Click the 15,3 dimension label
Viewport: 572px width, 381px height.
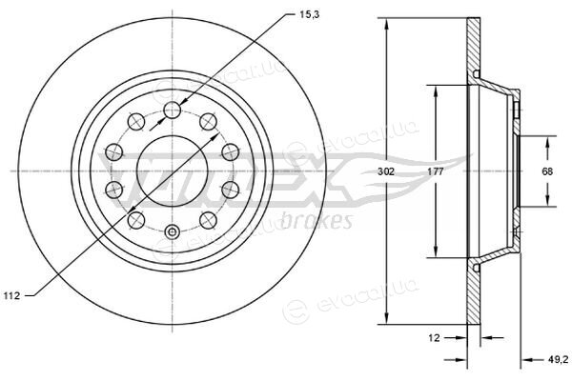(x=309, y=15)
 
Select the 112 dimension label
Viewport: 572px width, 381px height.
(x=11, y=295)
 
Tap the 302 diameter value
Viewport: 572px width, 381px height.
(x=385, y=171)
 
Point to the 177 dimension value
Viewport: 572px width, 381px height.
(x=436, y=171)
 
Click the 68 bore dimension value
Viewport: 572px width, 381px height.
(x=547, y=171)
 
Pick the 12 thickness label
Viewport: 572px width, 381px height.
(x=434, y=338)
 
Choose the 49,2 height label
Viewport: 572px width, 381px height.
(x=558, y=359)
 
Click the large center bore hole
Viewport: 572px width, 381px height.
(x=172, y=171)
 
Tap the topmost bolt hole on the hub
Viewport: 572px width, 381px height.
(x=173, y=110)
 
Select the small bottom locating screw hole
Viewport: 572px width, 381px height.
(x=172, y=231)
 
